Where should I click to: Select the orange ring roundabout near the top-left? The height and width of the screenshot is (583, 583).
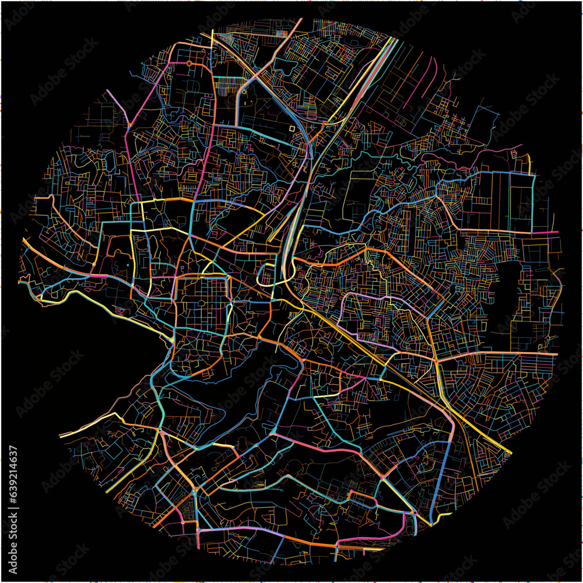pyautogui.click(x=189, y=62)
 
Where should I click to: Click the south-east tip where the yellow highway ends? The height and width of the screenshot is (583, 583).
pyautogui.click(x=510, y=453)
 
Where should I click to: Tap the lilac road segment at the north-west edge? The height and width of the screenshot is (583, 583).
pyautogui.click(x=117, y=105)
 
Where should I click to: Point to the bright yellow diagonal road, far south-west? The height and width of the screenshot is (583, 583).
pyautogui.click(x=87, y=429)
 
